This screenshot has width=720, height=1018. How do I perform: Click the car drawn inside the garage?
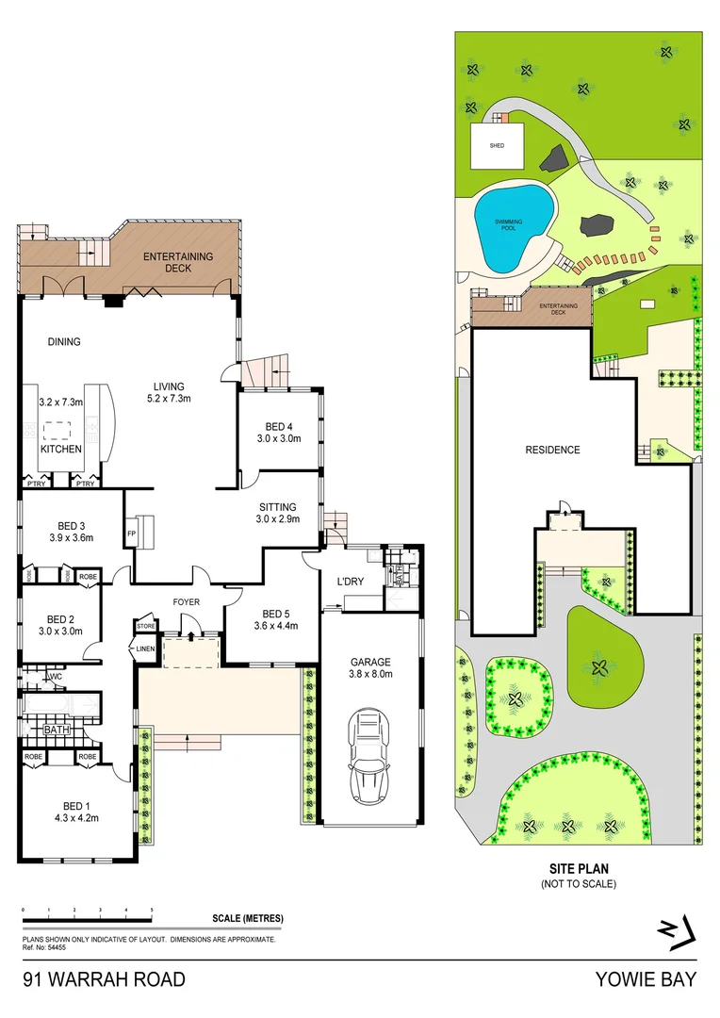point(369,756)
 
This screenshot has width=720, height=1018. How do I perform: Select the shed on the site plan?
point(497,146)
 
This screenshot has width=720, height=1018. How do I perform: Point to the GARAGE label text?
point(370,662)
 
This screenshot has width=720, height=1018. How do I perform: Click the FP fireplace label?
point(131,533)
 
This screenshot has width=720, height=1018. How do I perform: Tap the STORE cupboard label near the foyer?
point(145,625)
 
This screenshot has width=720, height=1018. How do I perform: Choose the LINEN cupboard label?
point(143,649)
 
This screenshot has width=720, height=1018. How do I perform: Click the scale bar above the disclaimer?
point(88,920)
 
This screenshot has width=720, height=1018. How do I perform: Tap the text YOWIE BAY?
point(646,980)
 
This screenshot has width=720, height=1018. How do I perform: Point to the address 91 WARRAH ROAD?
point(104,980)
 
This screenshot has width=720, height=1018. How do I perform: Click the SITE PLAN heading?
point(577,870)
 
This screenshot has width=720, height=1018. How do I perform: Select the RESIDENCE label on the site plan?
point(552,450)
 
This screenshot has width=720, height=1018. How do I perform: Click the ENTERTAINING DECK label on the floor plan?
point(178,262)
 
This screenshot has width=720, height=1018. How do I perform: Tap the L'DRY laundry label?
point(349,582)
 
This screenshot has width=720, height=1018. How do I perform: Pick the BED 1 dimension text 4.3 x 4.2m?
point(74,817)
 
